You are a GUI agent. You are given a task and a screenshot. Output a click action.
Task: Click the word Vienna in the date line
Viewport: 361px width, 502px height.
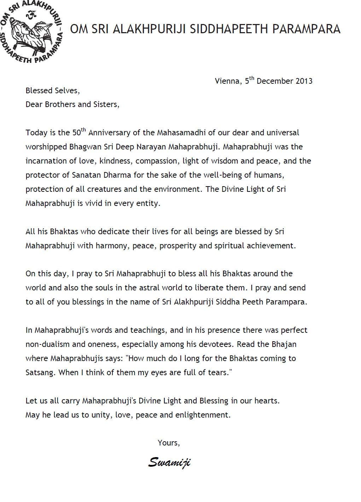tap(227, 81)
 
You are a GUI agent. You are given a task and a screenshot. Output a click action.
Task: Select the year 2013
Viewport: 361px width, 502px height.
tap(304, 81)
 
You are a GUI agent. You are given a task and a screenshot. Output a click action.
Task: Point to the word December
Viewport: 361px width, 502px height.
tap(275, 81)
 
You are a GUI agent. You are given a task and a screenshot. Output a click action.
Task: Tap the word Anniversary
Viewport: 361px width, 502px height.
tap(110, 133)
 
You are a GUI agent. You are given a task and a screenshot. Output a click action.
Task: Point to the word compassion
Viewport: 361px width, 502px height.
tap(157, 161)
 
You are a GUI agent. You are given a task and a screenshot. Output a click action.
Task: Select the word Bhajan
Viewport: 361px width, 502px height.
tap(284, 344)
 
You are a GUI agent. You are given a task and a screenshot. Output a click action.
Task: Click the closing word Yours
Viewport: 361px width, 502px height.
tap(168, 443)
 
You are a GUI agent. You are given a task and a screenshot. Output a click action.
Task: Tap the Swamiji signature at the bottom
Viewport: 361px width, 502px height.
tap(169, 462)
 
